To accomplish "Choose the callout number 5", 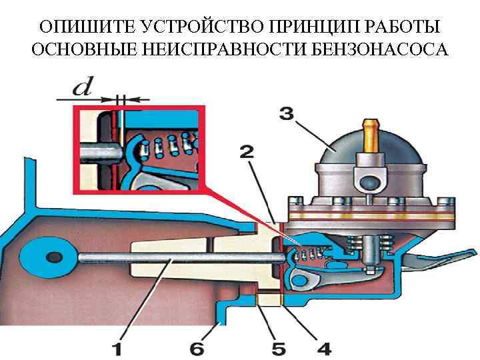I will coord(277,347).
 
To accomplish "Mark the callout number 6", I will coord(198,347).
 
